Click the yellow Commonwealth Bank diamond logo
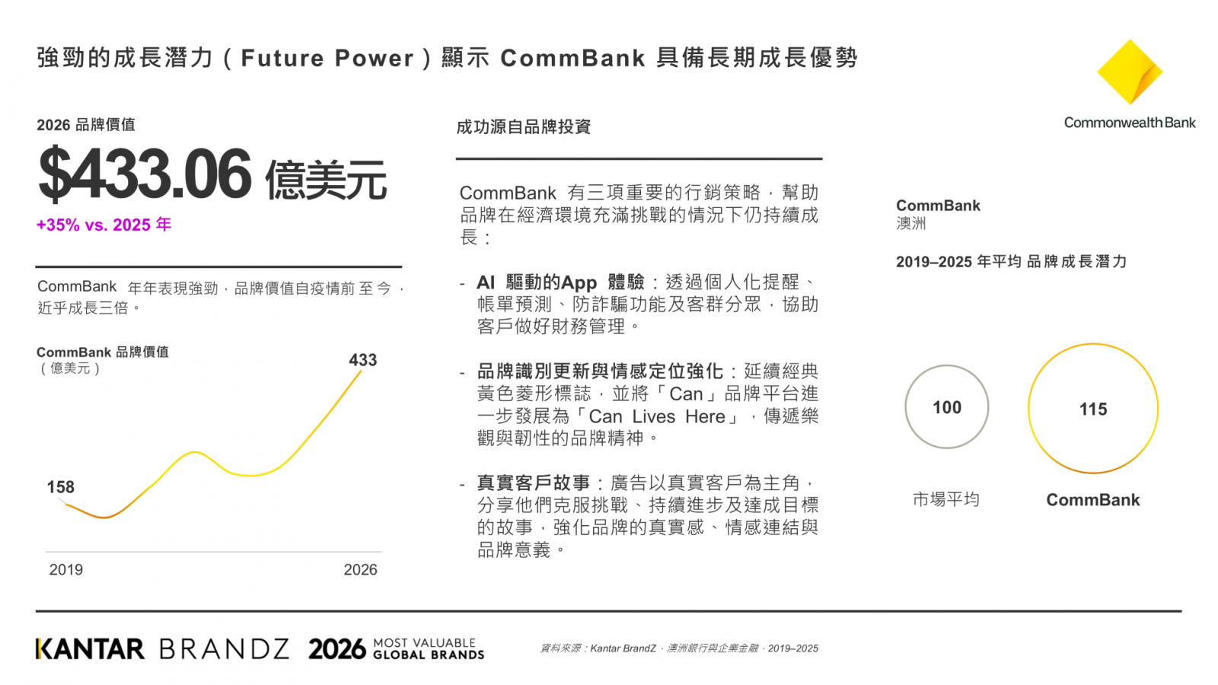[x=1130, y=72]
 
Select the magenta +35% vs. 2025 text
[x=104, y=225]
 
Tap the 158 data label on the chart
[x=60, y=486]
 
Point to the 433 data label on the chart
[x=362, y=360]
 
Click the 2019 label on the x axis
[x=65, y=570]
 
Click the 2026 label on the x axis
[x=361, y=570]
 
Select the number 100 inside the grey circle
[x=947, y=407]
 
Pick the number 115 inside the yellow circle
[x=1093, y=409]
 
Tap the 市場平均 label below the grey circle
[x=946, y=499]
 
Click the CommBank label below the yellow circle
[x=1093, y=499]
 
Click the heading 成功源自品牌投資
[x=523, y=126]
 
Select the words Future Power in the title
[x=327, y=58]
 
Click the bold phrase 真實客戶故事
[x=534, y=483]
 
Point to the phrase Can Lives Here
[x=657, y=416]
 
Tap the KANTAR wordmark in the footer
[x=91, y=648]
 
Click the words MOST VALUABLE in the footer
[x=425, y=642]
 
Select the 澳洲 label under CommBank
[x=910, y=223]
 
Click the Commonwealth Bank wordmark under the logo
[x=1130, y=123]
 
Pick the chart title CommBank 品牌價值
[x=103, y=352]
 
